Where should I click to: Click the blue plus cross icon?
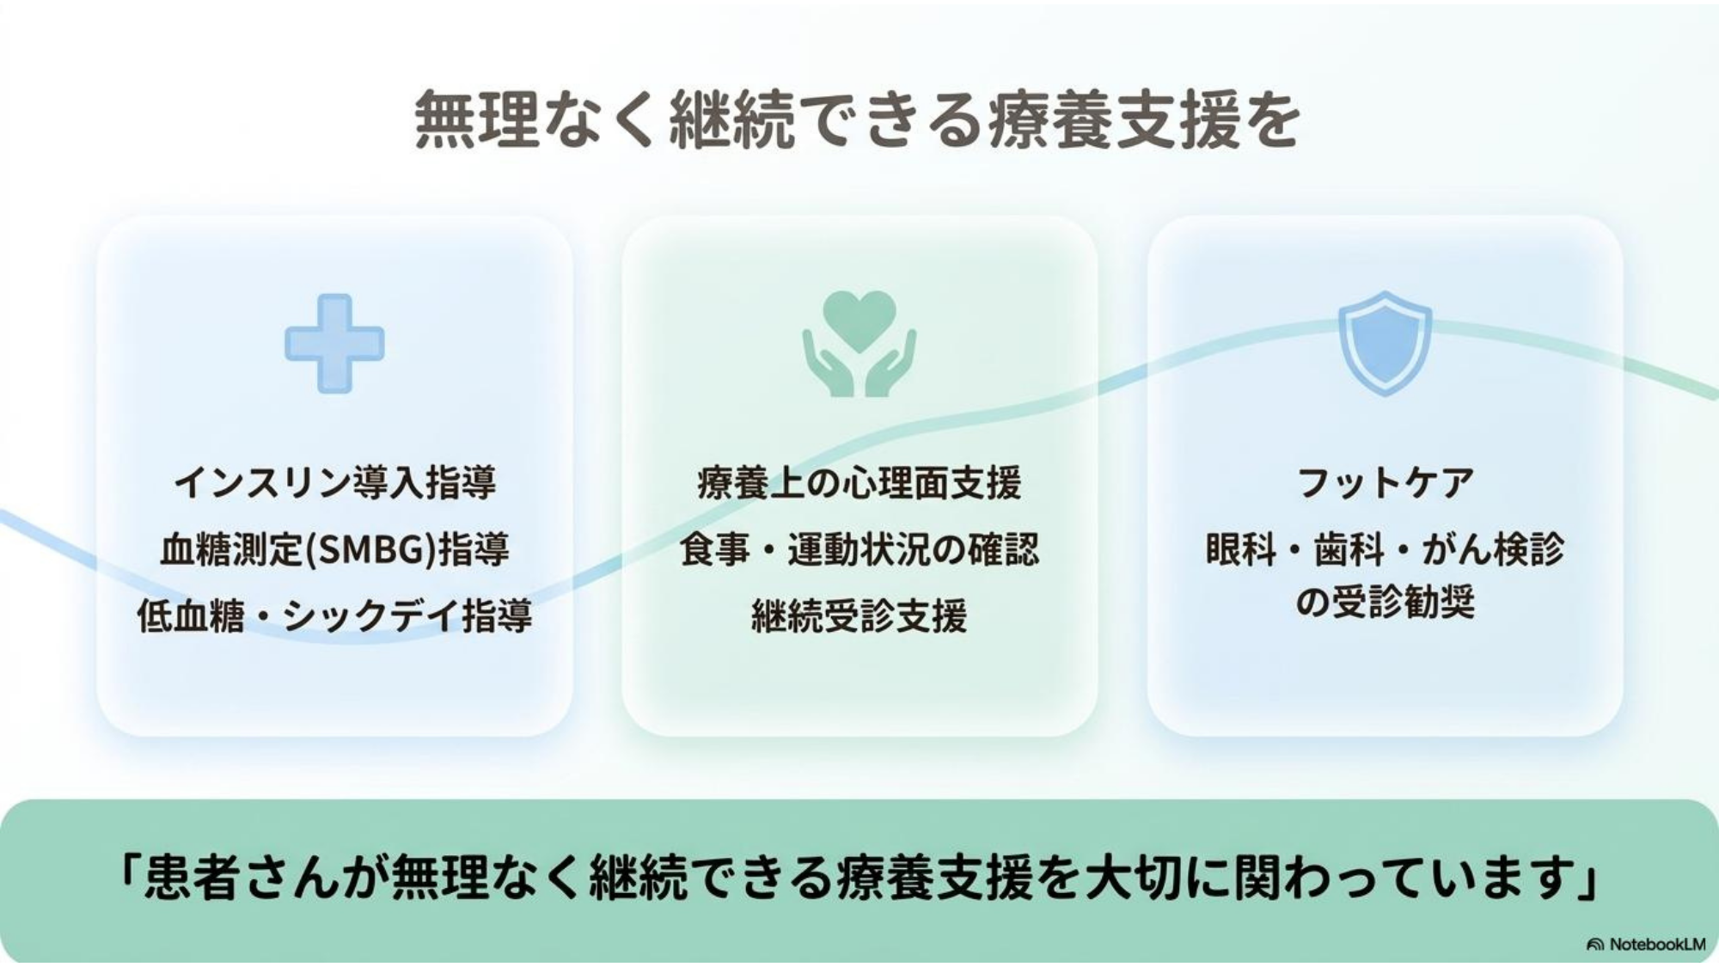pyautogui.click(x=334, y=344)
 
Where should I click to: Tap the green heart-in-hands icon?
pyautogui.click(x=859, y=344)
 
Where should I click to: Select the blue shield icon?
pyautogui.click(x=1385, y=343)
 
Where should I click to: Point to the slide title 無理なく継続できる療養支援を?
pyautogui.click(x=857, y=120)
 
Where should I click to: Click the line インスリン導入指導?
pyautogui.click(x=335, y=482)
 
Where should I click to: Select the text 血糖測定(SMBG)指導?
pyautogui.click(x=335, y=549)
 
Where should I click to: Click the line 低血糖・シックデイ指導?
pyautogui.click(x=335, y=615)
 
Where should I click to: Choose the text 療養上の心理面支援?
pyautogui.click(x=859, y=482)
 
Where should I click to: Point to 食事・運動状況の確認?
pyautogui.click(x=859, y=549)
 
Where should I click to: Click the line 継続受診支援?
pyautogui.click(x=859, y=615)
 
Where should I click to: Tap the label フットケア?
pyautogui.click(x=1385, y=482)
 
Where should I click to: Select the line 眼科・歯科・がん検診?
pyautogui.click(x=1385, y=549)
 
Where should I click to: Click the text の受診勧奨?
pyautogui.click(x=1385, y=602)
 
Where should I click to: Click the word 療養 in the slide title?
pyautogui.click(x=1053, y=120)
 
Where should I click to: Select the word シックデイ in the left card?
pyautogui.click(x=372, y=616)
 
